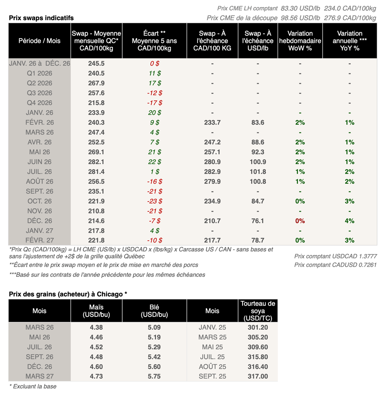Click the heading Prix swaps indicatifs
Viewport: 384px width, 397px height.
[x=41, y=18]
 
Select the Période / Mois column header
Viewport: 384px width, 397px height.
[x=39, y=41]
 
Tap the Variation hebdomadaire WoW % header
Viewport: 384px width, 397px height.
[x=300, y=41]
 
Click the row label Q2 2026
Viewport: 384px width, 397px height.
[x=39, y=83]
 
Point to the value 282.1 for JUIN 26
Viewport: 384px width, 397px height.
[x=96, y=162]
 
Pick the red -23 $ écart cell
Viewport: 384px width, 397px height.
[x=154, y=201]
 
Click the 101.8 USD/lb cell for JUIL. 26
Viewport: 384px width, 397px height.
[x=258, y=172]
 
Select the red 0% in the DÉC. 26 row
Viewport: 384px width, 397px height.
[x=300, y=221]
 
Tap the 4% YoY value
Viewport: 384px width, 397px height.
[x=349, y=221]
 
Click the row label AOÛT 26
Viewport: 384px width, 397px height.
[x=39, y=181]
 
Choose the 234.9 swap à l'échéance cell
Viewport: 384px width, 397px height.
[x=212, y=201]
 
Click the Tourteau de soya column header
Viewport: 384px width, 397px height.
[x=258, y=311]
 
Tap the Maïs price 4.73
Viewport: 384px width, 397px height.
[x=96, y=376]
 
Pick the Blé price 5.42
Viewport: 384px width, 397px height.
[x=154, y=357]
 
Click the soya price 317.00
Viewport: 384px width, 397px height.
[x=258, y=376]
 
